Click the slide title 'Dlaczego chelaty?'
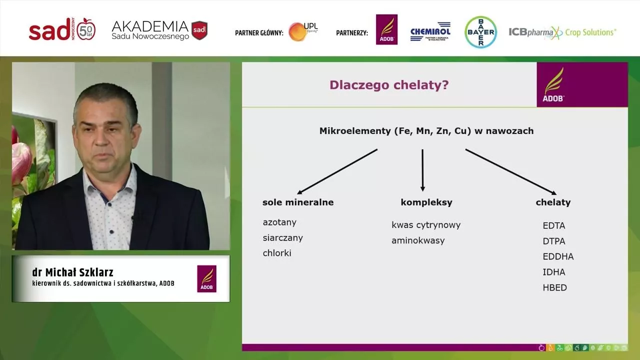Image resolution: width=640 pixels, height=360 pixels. click(389, 85)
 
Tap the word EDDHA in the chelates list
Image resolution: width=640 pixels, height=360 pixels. click(558, 256)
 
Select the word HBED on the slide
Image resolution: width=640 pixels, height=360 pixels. click(554, 287)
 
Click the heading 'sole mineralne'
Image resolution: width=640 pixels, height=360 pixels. click(298, 202)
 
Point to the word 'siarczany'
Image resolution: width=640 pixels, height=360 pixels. click(283, 237)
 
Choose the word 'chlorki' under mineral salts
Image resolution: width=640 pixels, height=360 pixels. click(277, 253)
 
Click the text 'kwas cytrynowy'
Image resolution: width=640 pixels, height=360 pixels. click(426, 225)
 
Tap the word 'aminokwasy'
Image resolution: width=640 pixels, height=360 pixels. click(418, 240)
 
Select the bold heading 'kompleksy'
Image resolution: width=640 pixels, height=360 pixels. click(426, 202)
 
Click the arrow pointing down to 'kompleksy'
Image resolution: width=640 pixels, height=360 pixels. click(422, 170)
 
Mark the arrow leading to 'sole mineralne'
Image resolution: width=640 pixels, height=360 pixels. click(337, 171)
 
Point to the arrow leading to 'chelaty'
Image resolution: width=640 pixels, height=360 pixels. click(510, 171)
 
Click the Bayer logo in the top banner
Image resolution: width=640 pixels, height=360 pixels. click(480, 32)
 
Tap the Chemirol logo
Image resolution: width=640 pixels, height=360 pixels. click(430, 31)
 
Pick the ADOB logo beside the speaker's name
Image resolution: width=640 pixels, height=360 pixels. click(206, 278)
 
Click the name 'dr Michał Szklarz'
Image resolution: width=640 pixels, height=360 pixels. click(73, 272)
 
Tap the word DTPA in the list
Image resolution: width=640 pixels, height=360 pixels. click(554, 241)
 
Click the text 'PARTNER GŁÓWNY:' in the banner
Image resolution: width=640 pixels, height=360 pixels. click(259, 33)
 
